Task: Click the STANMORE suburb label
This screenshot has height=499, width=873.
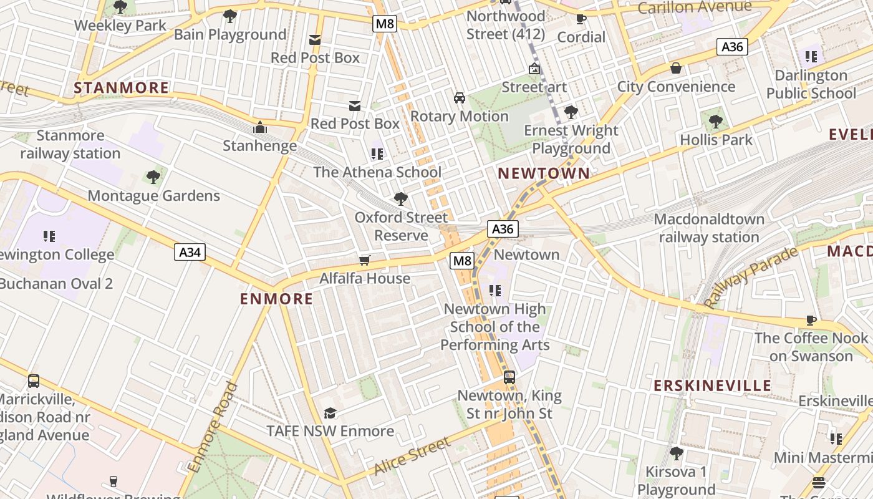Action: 122,88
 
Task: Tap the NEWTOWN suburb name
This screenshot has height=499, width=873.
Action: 544,173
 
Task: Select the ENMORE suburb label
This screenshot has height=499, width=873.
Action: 277,299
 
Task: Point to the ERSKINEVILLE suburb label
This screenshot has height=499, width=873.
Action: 712,385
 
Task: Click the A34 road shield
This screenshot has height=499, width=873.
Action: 190,252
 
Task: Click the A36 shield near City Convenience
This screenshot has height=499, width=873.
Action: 731,47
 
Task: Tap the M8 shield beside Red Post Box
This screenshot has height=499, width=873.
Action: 384,24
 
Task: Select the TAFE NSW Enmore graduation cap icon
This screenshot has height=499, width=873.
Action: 330,414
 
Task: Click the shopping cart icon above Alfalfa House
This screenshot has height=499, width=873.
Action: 365,260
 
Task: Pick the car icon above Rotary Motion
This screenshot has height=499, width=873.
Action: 460,98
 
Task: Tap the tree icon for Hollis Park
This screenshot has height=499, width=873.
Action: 716,122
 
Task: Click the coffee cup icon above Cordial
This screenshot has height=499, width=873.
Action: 581,19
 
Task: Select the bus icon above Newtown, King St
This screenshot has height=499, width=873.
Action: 509,377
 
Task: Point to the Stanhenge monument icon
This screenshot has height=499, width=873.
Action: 260,128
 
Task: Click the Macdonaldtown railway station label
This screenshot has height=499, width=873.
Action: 709,228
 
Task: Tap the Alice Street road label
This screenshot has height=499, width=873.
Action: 412,456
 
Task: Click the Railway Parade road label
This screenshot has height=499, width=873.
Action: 751,278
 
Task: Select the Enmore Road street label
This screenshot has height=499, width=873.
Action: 213,427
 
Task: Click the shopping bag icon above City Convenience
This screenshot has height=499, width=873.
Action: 676,68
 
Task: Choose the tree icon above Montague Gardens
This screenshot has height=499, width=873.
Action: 153,177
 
